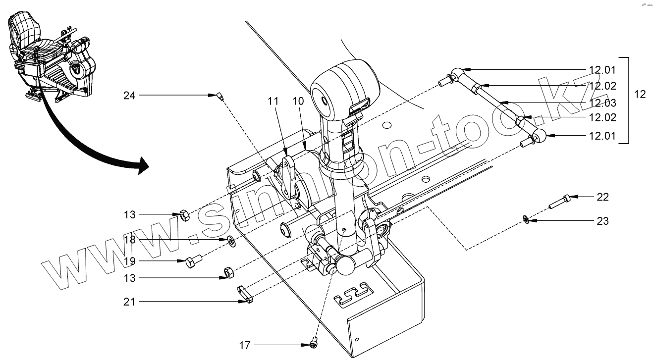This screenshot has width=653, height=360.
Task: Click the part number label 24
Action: click(x=129, y=96)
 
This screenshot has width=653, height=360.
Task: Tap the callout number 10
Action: click(x=298, y=101)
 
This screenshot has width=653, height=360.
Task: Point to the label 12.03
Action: click(x=602, y=103)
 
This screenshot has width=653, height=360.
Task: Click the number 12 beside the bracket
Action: click(x=640, y=94)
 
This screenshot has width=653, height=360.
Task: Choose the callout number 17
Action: click(x=246, y=345)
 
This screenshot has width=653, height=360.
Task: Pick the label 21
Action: click(x=130, y=302)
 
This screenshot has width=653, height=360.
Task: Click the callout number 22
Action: click(x=603, y=197)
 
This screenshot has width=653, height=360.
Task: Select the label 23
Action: click(x=603, y=221)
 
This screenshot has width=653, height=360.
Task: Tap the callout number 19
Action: click(x=130, y=261)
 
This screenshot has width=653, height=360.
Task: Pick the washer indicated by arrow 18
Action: click(x=231, y=241)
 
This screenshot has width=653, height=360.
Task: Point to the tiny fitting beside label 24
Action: click(x=218, y=95)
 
